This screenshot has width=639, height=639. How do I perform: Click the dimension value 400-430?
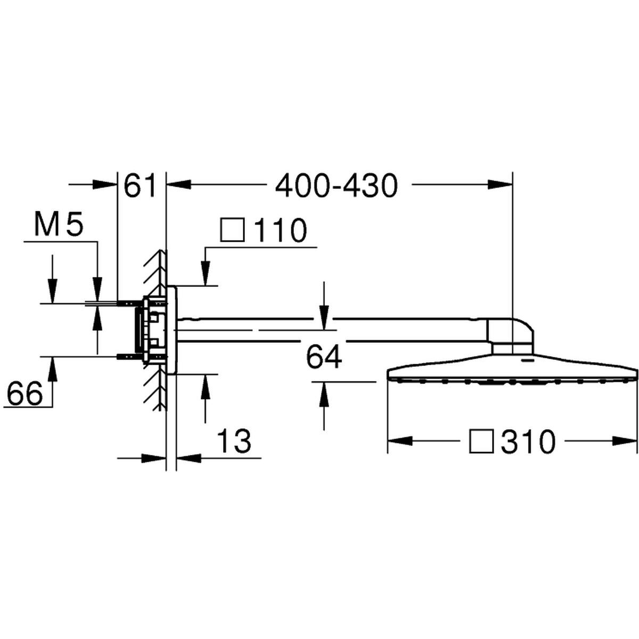[336, 186]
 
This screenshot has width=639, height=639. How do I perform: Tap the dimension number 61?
[140, 186]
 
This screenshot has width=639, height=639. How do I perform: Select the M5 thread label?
[59, 225]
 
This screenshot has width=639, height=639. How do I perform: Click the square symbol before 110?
[233, 230]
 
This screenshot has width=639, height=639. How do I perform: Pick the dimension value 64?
[324, 357]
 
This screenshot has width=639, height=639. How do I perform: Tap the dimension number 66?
[25, 394]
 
